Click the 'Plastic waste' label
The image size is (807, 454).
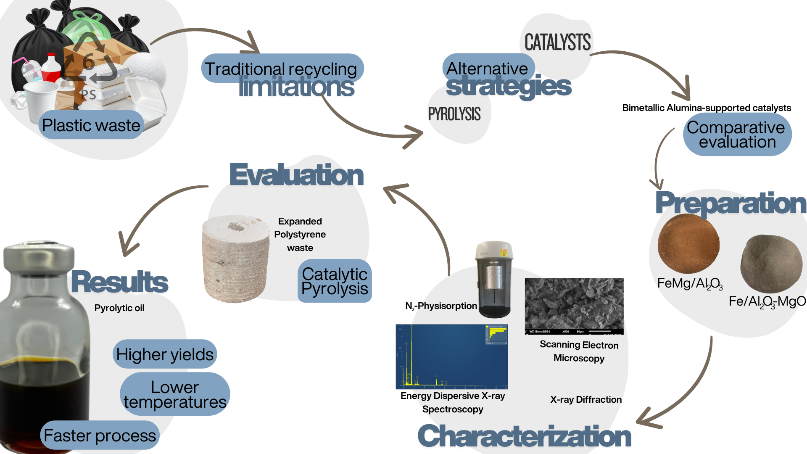[x=91, y=125]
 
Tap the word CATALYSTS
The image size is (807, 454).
[x=557, y=42]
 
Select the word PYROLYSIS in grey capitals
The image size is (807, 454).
[x=454, y=114]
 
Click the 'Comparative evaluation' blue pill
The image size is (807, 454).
[x=737, y=135]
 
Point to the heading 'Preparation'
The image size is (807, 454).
[x=731, y=203]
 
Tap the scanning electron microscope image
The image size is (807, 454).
[x=574, y=306]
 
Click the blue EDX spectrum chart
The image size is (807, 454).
[x=451, y=356]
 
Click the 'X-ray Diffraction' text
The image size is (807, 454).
[x=585, y=399]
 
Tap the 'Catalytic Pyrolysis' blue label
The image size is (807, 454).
[x=335, y=281]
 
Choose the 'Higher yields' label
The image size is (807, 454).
[x=165, y=354]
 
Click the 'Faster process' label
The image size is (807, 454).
[x=100, y=436]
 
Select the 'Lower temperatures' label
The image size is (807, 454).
[x=175, y=394]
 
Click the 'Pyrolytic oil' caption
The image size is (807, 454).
[x=119, y=308]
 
